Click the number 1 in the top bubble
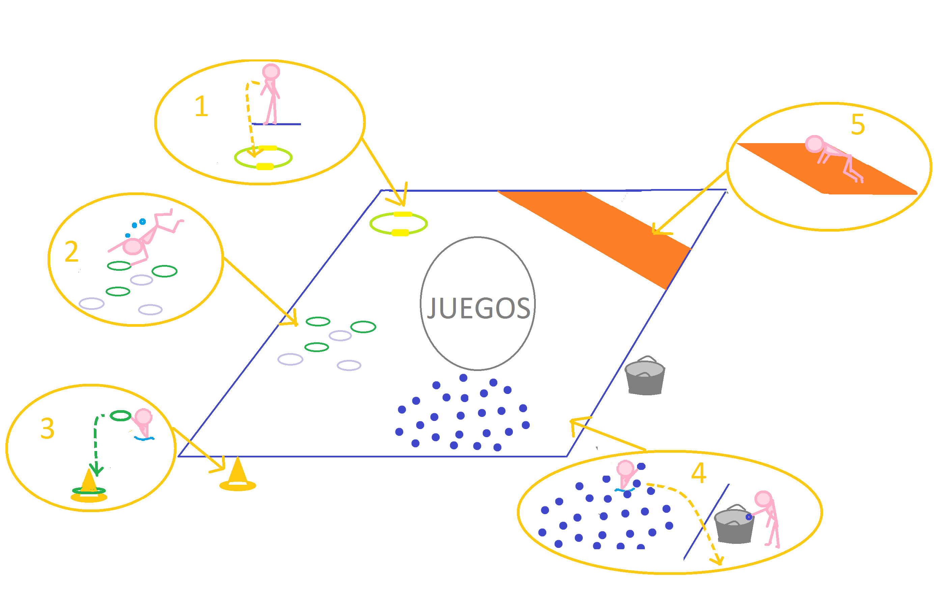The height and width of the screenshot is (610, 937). click(x=201, y=106)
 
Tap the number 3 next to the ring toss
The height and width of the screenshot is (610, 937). click(x=47, y=428)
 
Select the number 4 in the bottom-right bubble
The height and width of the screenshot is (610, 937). click(x=698, y=473)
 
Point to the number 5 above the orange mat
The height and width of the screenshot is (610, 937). click(x=857, y=125)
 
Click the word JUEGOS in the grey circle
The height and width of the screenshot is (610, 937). click(x=478, y=308)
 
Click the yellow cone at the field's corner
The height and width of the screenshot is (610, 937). click(x=238, y=475)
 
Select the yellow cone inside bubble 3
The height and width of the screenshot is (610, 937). click(x=89, y=486)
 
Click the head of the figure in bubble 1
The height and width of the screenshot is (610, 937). click(x=271, y=72)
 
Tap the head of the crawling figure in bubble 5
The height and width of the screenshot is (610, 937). click(x=814, y=144)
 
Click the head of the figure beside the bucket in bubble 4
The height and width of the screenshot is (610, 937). click(x=763, y=499)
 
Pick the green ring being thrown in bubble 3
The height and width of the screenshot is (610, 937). click(x=120, y=416)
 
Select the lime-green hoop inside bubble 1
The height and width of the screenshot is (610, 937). click(x=263, y=158)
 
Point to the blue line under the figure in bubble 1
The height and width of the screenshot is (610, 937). click(x=287, y=124)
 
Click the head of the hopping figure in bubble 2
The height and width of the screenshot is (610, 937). click(x=133, y=247)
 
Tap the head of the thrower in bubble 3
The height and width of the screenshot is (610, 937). click(x=143, y=417)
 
